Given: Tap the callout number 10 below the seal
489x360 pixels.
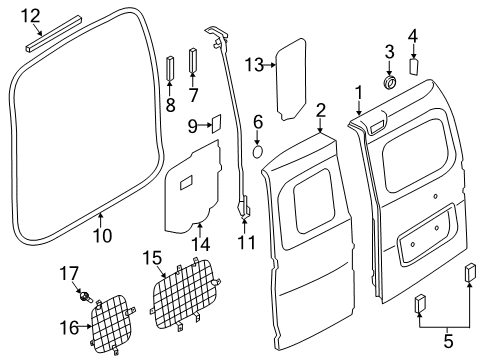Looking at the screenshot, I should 100,236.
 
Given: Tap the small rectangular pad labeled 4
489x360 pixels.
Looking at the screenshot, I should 415,69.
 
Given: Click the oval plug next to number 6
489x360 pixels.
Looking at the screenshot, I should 256,153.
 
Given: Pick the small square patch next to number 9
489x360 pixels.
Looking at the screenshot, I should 213,124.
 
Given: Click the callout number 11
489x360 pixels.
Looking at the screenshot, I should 246,242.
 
